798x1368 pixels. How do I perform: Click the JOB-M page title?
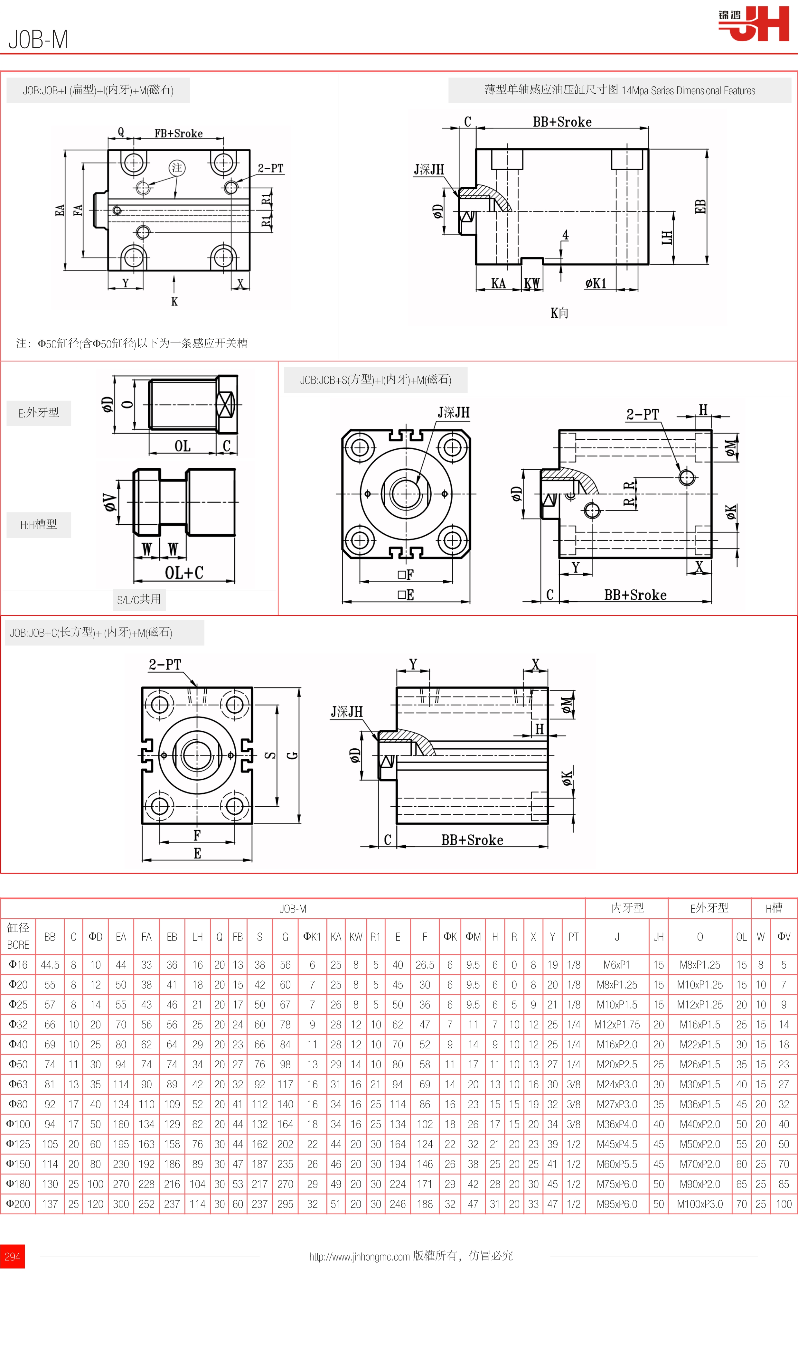[x=38, y=40]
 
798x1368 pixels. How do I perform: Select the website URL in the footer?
[x=359, y=1257]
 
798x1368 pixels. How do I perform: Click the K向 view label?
[x=559, y=313]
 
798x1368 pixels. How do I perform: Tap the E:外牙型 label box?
[x=39, y=413]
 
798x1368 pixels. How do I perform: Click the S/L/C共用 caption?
[x=139, y=599]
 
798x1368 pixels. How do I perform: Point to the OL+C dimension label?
[x=184, y=573]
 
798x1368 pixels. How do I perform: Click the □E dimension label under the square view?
[x=406, y=595]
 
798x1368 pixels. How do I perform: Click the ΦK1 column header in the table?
[x=312, y=937]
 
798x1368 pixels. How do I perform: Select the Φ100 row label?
[x=18, y=1124]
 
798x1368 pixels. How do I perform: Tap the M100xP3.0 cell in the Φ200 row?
[x=700, y=1204]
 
